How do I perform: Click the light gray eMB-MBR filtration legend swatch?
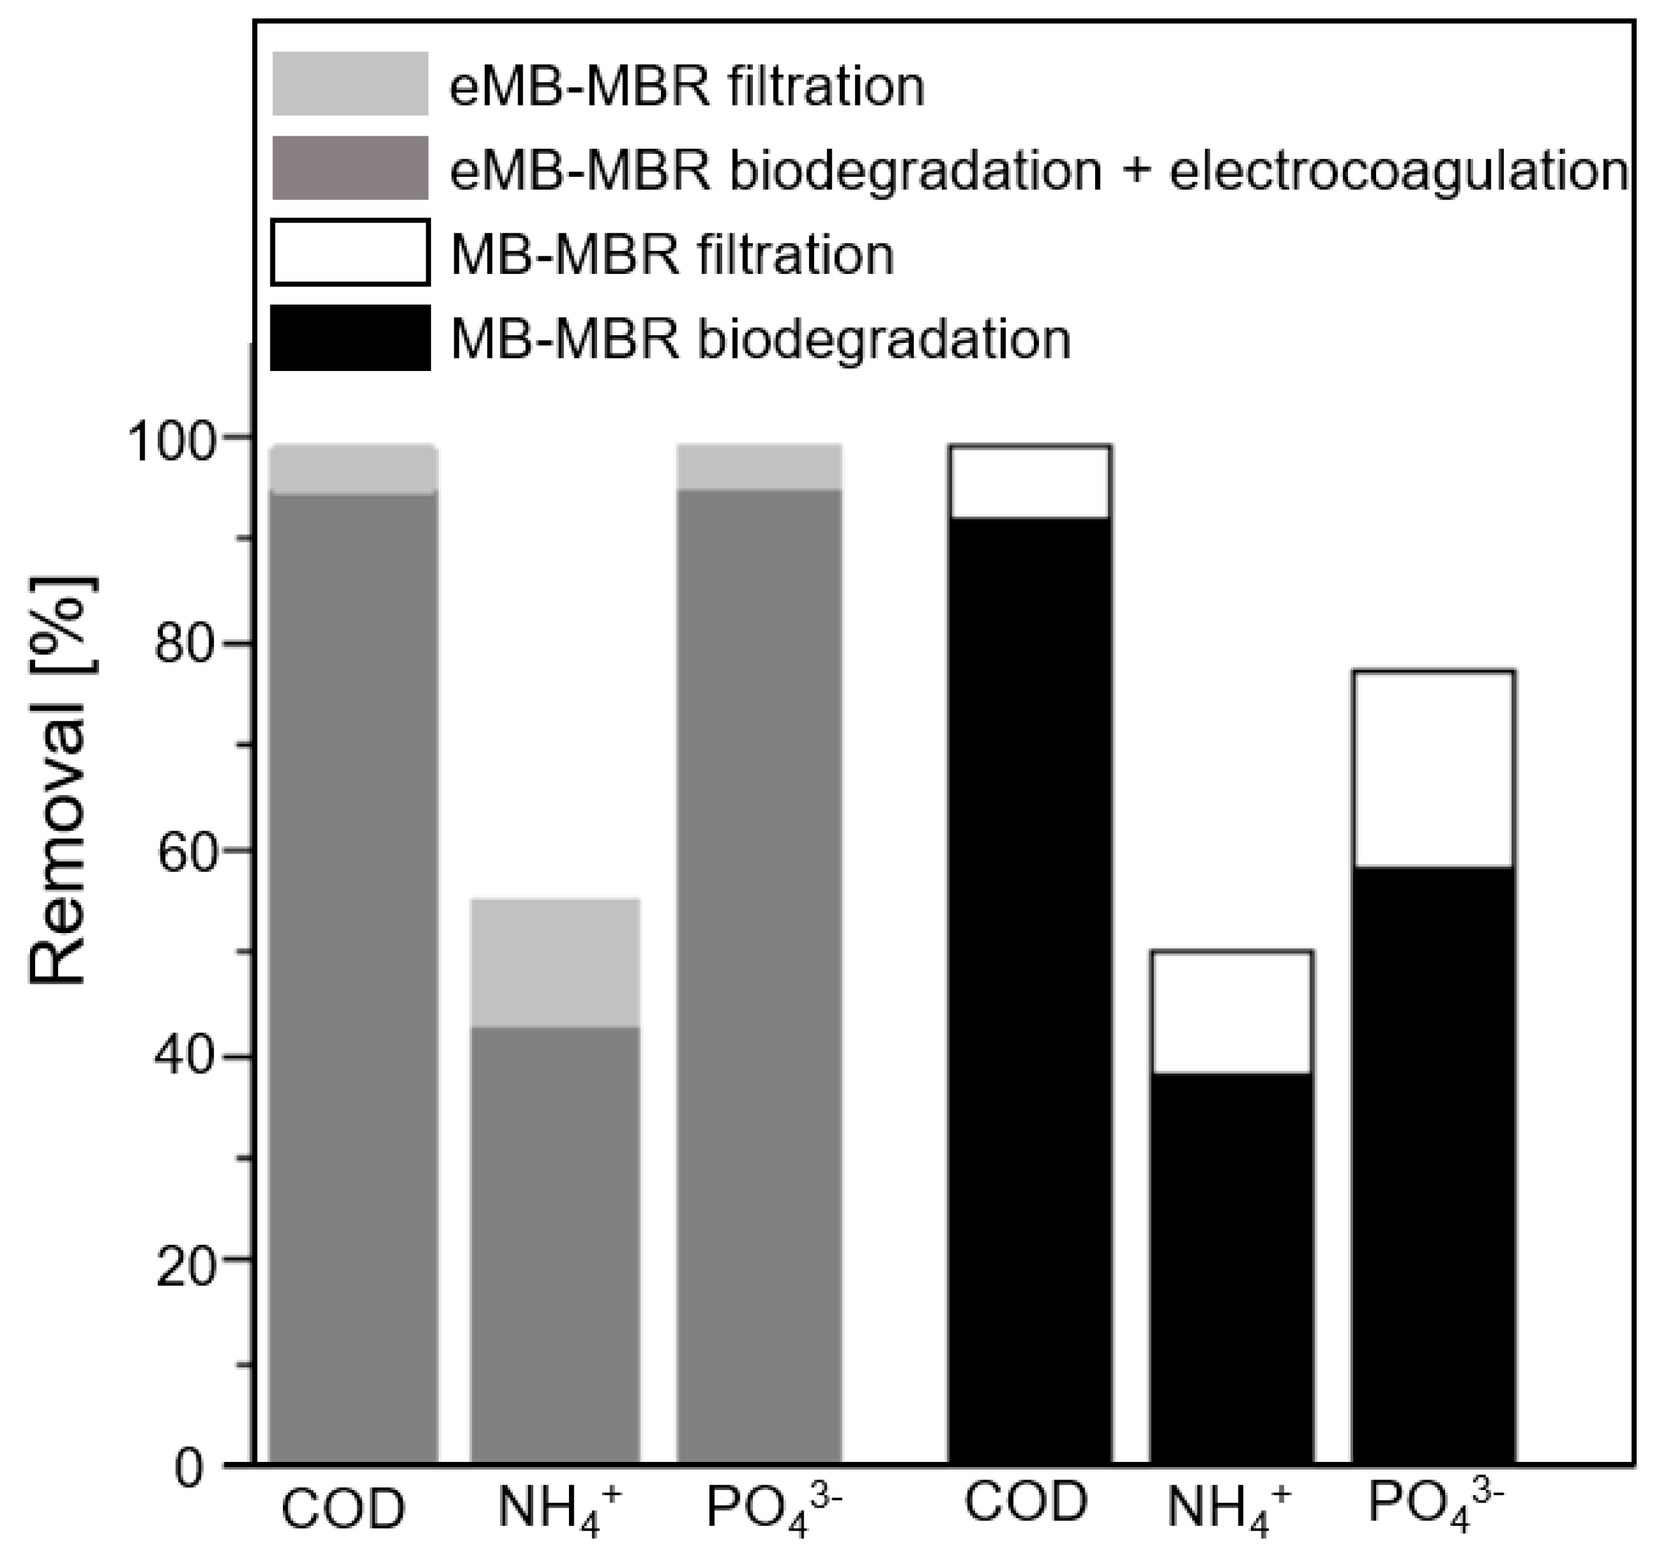pos(350,83)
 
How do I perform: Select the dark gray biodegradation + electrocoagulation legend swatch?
pos(350,168)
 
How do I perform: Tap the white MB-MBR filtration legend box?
pos(350,252)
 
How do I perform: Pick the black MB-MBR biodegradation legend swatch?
pos(350,337)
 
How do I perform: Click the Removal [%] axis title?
pos(60,779)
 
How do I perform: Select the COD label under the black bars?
pos(1026,1503)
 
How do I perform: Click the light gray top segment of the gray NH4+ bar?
pos(555,962)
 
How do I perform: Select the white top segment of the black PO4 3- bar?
pos(1433,768)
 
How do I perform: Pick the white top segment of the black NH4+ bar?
pos(1231,1011)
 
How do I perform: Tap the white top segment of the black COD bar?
pos(1029,483)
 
